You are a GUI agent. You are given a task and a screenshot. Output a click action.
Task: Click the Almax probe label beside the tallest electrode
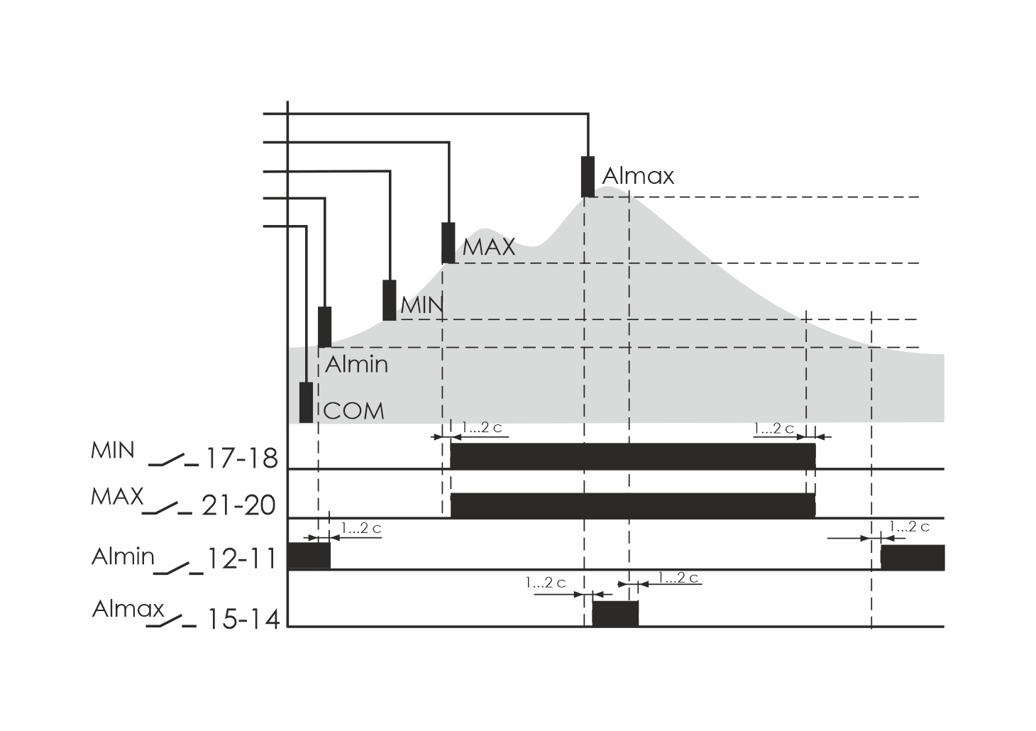point(638,176)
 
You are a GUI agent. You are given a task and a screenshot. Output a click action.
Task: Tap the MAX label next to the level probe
point(488,247)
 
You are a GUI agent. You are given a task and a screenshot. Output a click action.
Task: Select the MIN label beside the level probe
point(421,305)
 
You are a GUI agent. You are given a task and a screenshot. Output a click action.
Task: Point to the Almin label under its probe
point(356,365)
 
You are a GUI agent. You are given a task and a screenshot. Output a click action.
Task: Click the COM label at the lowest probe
point(354,411)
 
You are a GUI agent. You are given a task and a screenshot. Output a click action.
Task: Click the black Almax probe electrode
point(588,177)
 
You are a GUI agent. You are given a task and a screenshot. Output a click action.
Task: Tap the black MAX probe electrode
point(448,243)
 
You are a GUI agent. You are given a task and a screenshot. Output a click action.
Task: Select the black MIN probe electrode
point(390,300)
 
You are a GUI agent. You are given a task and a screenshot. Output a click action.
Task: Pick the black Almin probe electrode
point(325,327)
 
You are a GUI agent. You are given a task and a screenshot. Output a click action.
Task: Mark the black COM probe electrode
point(306,402)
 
